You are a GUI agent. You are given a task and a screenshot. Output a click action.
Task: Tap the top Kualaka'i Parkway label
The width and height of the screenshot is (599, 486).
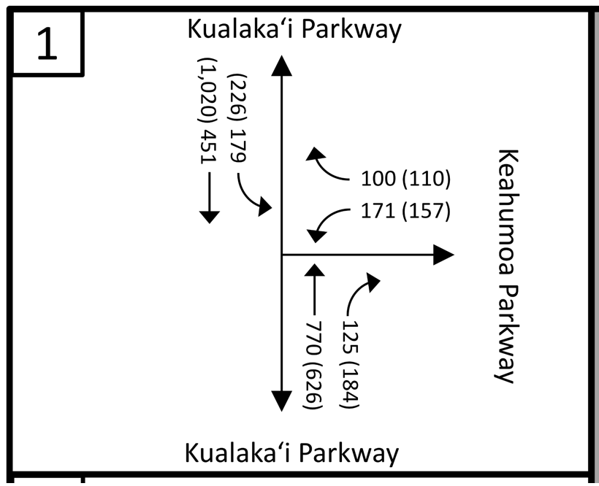tap(294, 29)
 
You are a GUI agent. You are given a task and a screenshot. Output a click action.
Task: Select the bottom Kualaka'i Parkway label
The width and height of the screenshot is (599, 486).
tap(291, 452)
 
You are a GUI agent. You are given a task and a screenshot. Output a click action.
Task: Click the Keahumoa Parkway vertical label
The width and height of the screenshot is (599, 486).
tap(507, 266)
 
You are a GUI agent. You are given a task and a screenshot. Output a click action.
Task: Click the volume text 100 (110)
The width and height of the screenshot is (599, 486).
tap(405, 179)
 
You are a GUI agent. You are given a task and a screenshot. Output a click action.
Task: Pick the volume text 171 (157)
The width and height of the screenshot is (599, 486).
tap(405, 212)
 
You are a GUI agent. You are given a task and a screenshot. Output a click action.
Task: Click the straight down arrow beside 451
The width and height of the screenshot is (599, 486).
tap(209, 197)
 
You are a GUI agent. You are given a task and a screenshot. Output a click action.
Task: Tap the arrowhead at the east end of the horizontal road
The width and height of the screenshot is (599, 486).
tap(443, 255)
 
